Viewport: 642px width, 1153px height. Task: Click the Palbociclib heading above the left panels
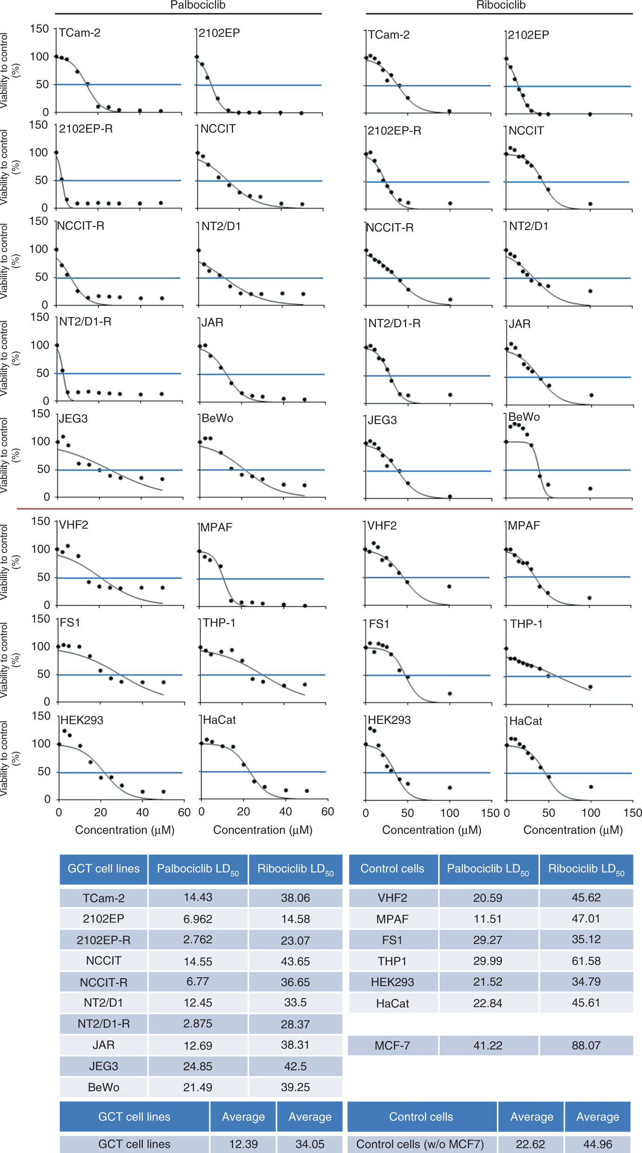[198, 5]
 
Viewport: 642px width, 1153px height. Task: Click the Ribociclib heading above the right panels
[501, 5]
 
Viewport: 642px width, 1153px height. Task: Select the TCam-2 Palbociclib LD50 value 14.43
[198, 897]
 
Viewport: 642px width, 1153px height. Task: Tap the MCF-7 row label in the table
[392, 1046]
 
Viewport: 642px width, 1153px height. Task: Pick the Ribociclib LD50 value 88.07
[586, 1046]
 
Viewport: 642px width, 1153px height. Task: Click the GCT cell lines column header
[104, 868]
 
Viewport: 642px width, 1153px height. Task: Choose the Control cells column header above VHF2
[392, 868]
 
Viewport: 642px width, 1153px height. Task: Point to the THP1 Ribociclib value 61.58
[586, 961]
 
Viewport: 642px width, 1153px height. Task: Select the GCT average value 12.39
[243, 1144]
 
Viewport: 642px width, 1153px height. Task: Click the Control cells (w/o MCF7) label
[420, 1144]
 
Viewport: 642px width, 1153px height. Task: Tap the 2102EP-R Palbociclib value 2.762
[198, 939]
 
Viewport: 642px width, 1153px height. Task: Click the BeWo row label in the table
[104, 1087]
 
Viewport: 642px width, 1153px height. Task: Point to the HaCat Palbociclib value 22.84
[488, 1003]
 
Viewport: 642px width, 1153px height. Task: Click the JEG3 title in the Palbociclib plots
[74, 418]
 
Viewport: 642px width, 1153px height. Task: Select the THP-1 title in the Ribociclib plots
[526, 624]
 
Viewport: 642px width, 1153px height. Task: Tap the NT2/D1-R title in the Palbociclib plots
[85, 322]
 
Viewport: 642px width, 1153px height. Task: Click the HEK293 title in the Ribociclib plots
[389, 720]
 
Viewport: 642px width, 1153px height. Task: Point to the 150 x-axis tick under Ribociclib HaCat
[633, 813]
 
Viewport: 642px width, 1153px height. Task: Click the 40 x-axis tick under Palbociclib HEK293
[142, 812]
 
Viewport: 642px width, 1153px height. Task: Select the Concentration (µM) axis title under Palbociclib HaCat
[263, 830]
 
